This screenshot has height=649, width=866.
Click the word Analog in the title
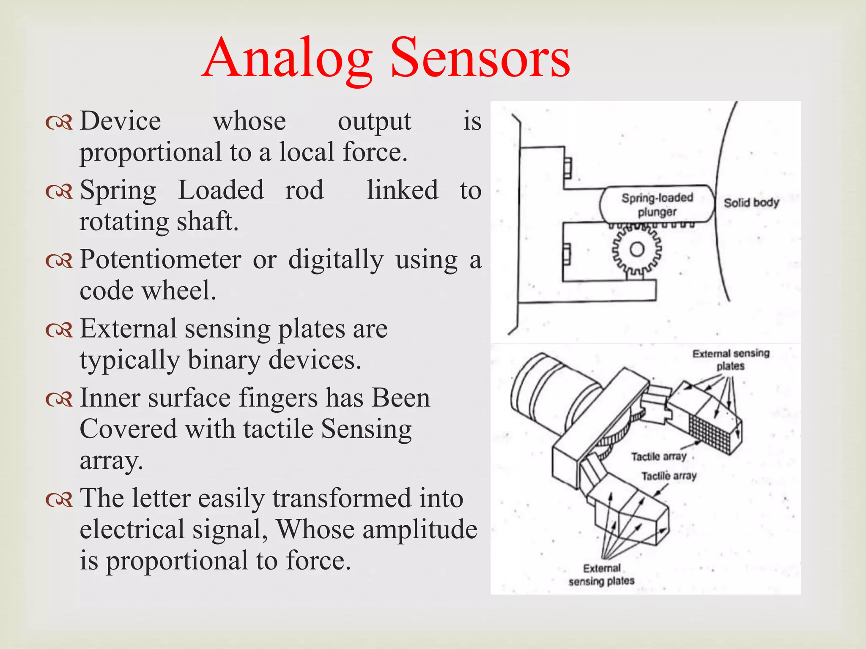[x=288, y=59]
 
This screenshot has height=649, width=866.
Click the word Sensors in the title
[x=480, y=59]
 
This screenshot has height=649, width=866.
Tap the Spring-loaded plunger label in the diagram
[x=657, y=205]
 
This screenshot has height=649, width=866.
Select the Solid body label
[x=751, y=203]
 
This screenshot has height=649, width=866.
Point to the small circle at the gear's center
[x=637, y=250]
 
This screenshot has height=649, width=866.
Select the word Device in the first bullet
[x=121, y=121]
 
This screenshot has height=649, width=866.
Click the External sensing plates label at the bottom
[x=601, y=575]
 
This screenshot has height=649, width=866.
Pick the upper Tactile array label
[x=658, y=456]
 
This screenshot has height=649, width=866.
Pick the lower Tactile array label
[x=669, y=476]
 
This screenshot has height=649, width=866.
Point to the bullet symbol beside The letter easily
[x=59, y=500]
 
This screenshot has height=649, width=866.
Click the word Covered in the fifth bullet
[x=128, y=429]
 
